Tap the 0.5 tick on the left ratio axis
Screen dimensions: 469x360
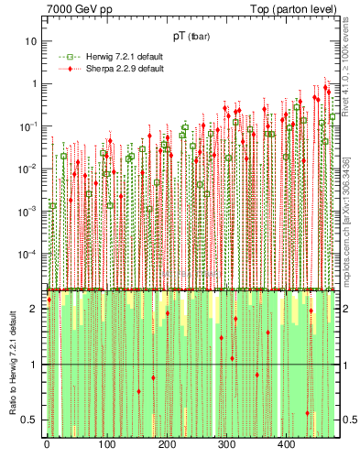pyautogui.click(x=30, y=420)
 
